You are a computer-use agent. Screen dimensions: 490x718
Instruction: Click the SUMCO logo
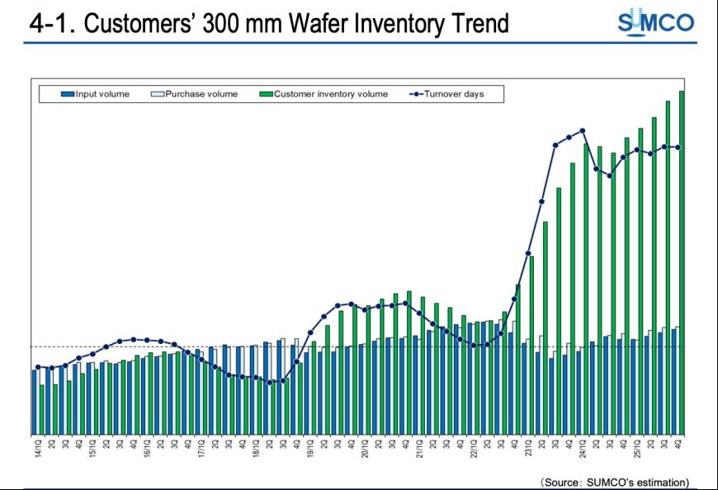point(655,22)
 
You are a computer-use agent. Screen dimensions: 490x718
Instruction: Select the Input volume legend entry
point(97,94)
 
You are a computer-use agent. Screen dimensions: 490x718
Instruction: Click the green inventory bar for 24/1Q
point(586,289)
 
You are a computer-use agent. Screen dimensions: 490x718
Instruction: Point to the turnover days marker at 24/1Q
point(583,130)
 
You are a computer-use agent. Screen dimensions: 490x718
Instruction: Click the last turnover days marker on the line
point(678,148)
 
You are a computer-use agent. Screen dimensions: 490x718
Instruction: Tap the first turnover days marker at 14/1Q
point(38,367)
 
